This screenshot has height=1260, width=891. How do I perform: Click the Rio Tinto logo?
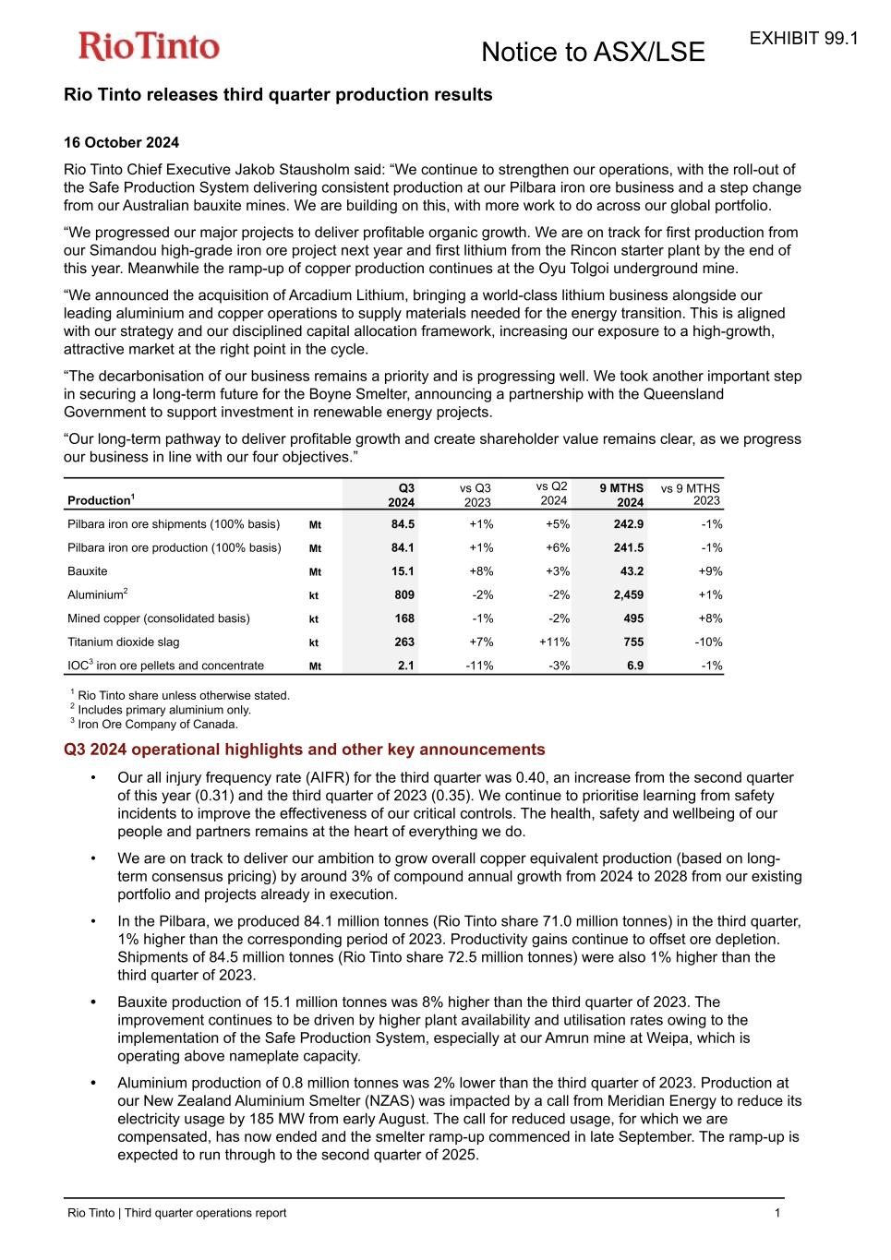[149, 46]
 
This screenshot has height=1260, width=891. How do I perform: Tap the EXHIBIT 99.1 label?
[803, 39]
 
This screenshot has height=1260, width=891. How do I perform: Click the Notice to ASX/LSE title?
[593, 53]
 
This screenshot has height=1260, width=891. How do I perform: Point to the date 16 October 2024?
[121, 142]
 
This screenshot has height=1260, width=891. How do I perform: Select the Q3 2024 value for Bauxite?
[404, 571]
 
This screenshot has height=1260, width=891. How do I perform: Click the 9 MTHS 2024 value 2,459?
[629, 595]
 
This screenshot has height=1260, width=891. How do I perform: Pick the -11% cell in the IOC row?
[479, 666]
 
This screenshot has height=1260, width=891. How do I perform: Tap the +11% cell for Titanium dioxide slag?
[554, 642]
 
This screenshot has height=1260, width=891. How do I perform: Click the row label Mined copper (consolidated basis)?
[159, 618]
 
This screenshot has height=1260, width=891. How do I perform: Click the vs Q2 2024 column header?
[552, 493]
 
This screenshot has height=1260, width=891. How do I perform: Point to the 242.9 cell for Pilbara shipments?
[629, 524]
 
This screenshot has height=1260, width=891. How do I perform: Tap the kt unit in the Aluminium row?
[314, 596]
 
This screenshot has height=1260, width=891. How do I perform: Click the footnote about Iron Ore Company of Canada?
[157, 725]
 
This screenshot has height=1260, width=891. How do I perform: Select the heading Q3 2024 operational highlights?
[304, 750]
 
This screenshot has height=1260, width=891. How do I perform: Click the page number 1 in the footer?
[777, 1213]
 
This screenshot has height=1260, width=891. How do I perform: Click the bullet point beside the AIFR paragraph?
[94, 778]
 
